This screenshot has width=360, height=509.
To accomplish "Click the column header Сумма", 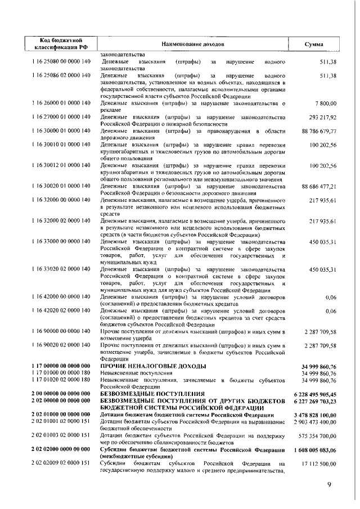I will coord(313,44).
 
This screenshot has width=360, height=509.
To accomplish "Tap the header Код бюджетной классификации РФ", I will coord(60,44).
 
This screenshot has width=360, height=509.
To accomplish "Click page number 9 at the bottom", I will coord(330,485).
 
